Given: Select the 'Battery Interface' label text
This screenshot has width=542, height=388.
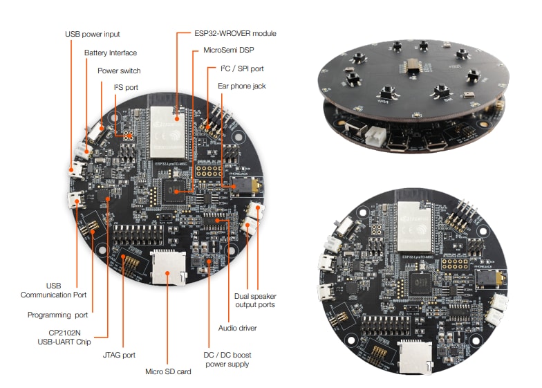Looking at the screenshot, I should [111, 53].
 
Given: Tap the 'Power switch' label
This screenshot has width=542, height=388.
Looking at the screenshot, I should [119, 71].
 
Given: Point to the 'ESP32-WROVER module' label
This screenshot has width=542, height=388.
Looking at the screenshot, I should [226, 33].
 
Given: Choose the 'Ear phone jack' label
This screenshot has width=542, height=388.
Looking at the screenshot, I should [242, 86].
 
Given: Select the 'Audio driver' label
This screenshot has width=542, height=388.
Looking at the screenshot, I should [237, 327].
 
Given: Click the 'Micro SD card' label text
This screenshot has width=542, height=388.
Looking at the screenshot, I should [167, 371].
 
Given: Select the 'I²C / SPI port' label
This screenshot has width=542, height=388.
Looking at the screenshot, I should [241, 68].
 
